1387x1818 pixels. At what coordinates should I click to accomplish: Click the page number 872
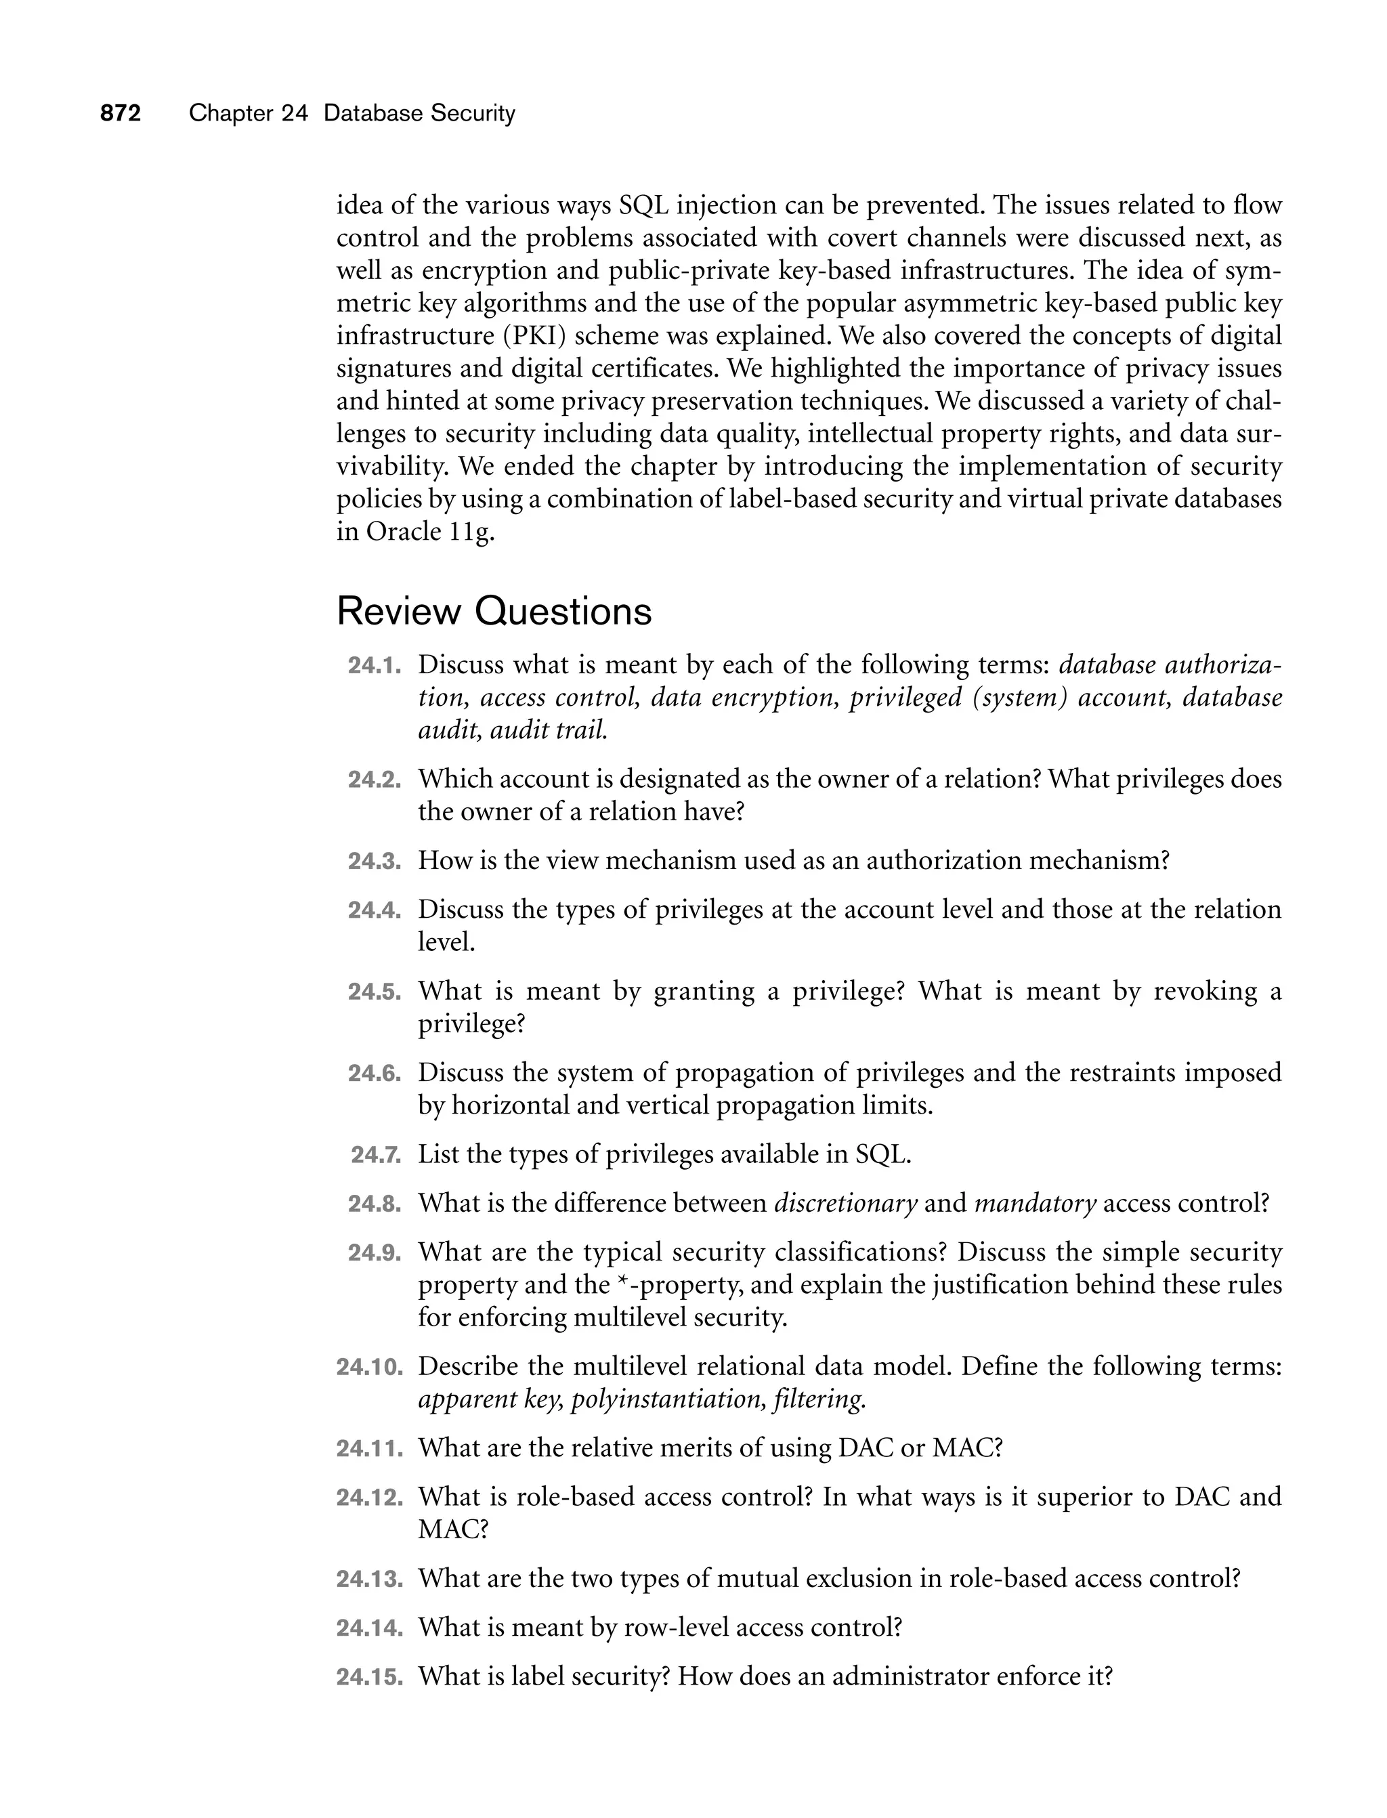pos(121,113)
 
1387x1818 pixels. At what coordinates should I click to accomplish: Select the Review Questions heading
pos(494,612)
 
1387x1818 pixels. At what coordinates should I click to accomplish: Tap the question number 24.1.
pos(374,665)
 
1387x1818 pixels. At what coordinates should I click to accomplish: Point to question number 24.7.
pos(376,1154)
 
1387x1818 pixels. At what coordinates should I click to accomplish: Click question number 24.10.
pos(369,1366)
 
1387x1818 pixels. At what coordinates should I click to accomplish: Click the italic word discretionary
pos(845,1204)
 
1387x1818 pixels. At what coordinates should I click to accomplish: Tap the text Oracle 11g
pos(429,532)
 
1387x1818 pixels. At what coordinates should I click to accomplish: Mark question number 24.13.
pos(369,1580)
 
